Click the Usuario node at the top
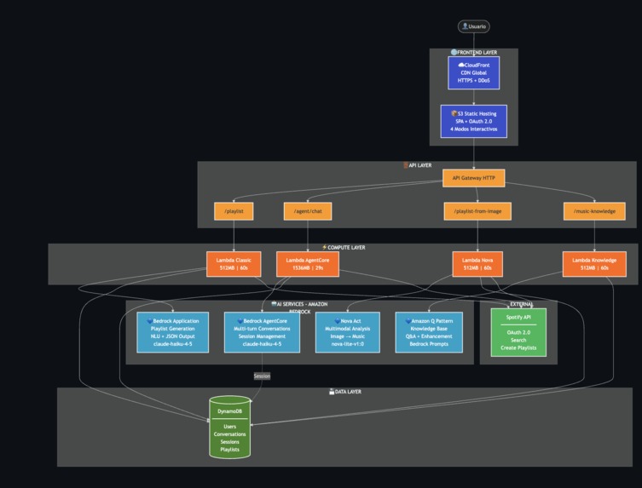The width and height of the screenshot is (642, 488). (474, 26)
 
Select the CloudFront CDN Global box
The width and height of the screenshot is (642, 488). (474, 73)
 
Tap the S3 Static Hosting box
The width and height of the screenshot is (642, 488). (474, 121)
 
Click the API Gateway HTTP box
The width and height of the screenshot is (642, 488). (474, 178)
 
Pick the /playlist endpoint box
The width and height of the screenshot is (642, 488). (234, 211)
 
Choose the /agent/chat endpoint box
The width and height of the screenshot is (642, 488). (308, 211)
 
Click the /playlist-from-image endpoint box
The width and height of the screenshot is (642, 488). (477, 211)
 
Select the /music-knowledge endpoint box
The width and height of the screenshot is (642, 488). (594, 211)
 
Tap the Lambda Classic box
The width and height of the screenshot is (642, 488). (234, 264)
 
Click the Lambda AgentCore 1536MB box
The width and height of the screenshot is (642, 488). (308, 264)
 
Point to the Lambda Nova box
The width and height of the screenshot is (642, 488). (477, 264)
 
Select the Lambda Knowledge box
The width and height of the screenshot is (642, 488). (594, 264)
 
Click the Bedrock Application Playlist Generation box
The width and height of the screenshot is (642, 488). (173, 332)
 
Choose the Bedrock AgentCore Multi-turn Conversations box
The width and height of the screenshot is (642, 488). (262, 332)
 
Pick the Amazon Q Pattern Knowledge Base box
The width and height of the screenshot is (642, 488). (429, 332)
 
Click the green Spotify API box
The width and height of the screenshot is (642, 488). (518, 332)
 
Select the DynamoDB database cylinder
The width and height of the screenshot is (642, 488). (230, 428)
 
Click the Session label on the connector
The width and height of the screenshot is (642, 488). (262, 376)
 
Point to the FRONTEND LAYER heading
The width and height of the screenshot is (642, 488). (474, 53)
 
